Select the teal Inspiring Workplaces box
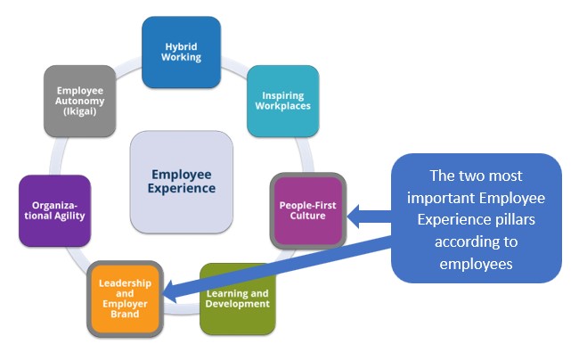tap(281, 101)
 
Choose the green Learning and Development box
tap(237, 299)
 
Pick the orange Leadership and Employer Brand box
tap(125, 299)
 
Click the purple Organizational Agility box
tap(55, 211)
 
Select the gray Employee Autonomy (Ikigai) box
tap(79, 101)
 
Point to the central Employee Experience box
tap(183, 182)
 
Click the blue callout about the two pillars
tap(476, 218)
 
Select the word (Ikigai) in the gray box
tap(79, 112)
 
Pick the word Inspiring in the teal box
tap(281, 95)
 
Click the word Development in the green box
tap(237, 305)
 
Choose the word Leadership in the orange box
tap(125, 282)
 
